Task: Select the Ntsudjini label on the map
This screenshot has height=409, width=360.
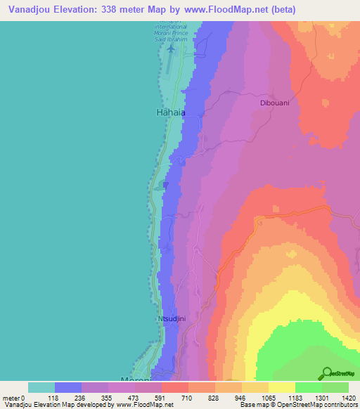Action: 172,319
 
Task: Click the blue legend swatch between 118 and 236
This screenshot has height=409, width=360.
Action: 68,387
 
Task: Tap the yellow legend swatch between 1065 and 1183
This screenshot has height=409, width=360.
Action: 281,387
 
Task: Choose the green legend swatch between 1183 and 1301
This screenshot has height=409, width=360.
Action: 308,387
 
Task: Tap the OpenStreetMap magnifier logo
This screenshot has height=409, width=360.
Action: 326,372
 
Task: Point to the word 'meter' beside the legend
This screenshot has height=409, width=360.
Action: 11,397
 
